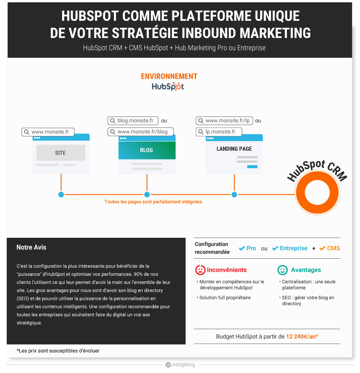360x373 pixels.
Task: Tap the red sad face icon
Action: [200, 270]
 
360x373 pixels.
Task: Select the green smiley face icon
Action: [282, 270]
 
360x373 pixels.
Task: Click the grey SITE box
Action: [61, 153]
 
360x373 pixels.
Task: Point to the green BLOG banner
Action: [147, 150]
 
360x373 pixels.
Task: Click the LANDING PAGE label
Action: [234, 149]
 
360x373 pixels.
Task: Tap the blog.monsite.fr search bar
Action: [133, 120]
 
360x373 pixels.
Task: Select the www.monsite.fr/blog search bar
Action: [140, 132]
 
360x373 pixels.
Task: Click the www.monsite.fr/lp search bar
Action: [224, 120]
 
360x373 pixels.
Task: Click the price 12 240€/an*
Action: [302, 337]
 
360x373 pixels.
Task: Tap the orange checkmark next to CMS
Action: [322, 248]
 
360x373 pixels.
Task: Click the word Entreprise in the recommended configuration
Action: [294, 248]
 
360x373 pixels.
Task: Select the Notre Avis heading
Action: [31, 247]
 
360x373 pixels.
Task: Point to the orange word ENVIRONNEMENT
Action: [169, 76]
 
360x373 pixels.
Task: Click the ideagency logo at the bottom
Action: [180, 365]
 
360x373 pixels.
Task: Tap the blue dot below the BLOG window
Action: [147, 195]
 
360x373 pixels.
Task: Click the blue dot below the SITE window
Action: [61, 195]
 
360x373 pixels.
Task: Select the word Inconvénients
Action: [226, 270]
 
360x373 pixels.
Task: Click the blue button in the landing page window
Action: [252, 167]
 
